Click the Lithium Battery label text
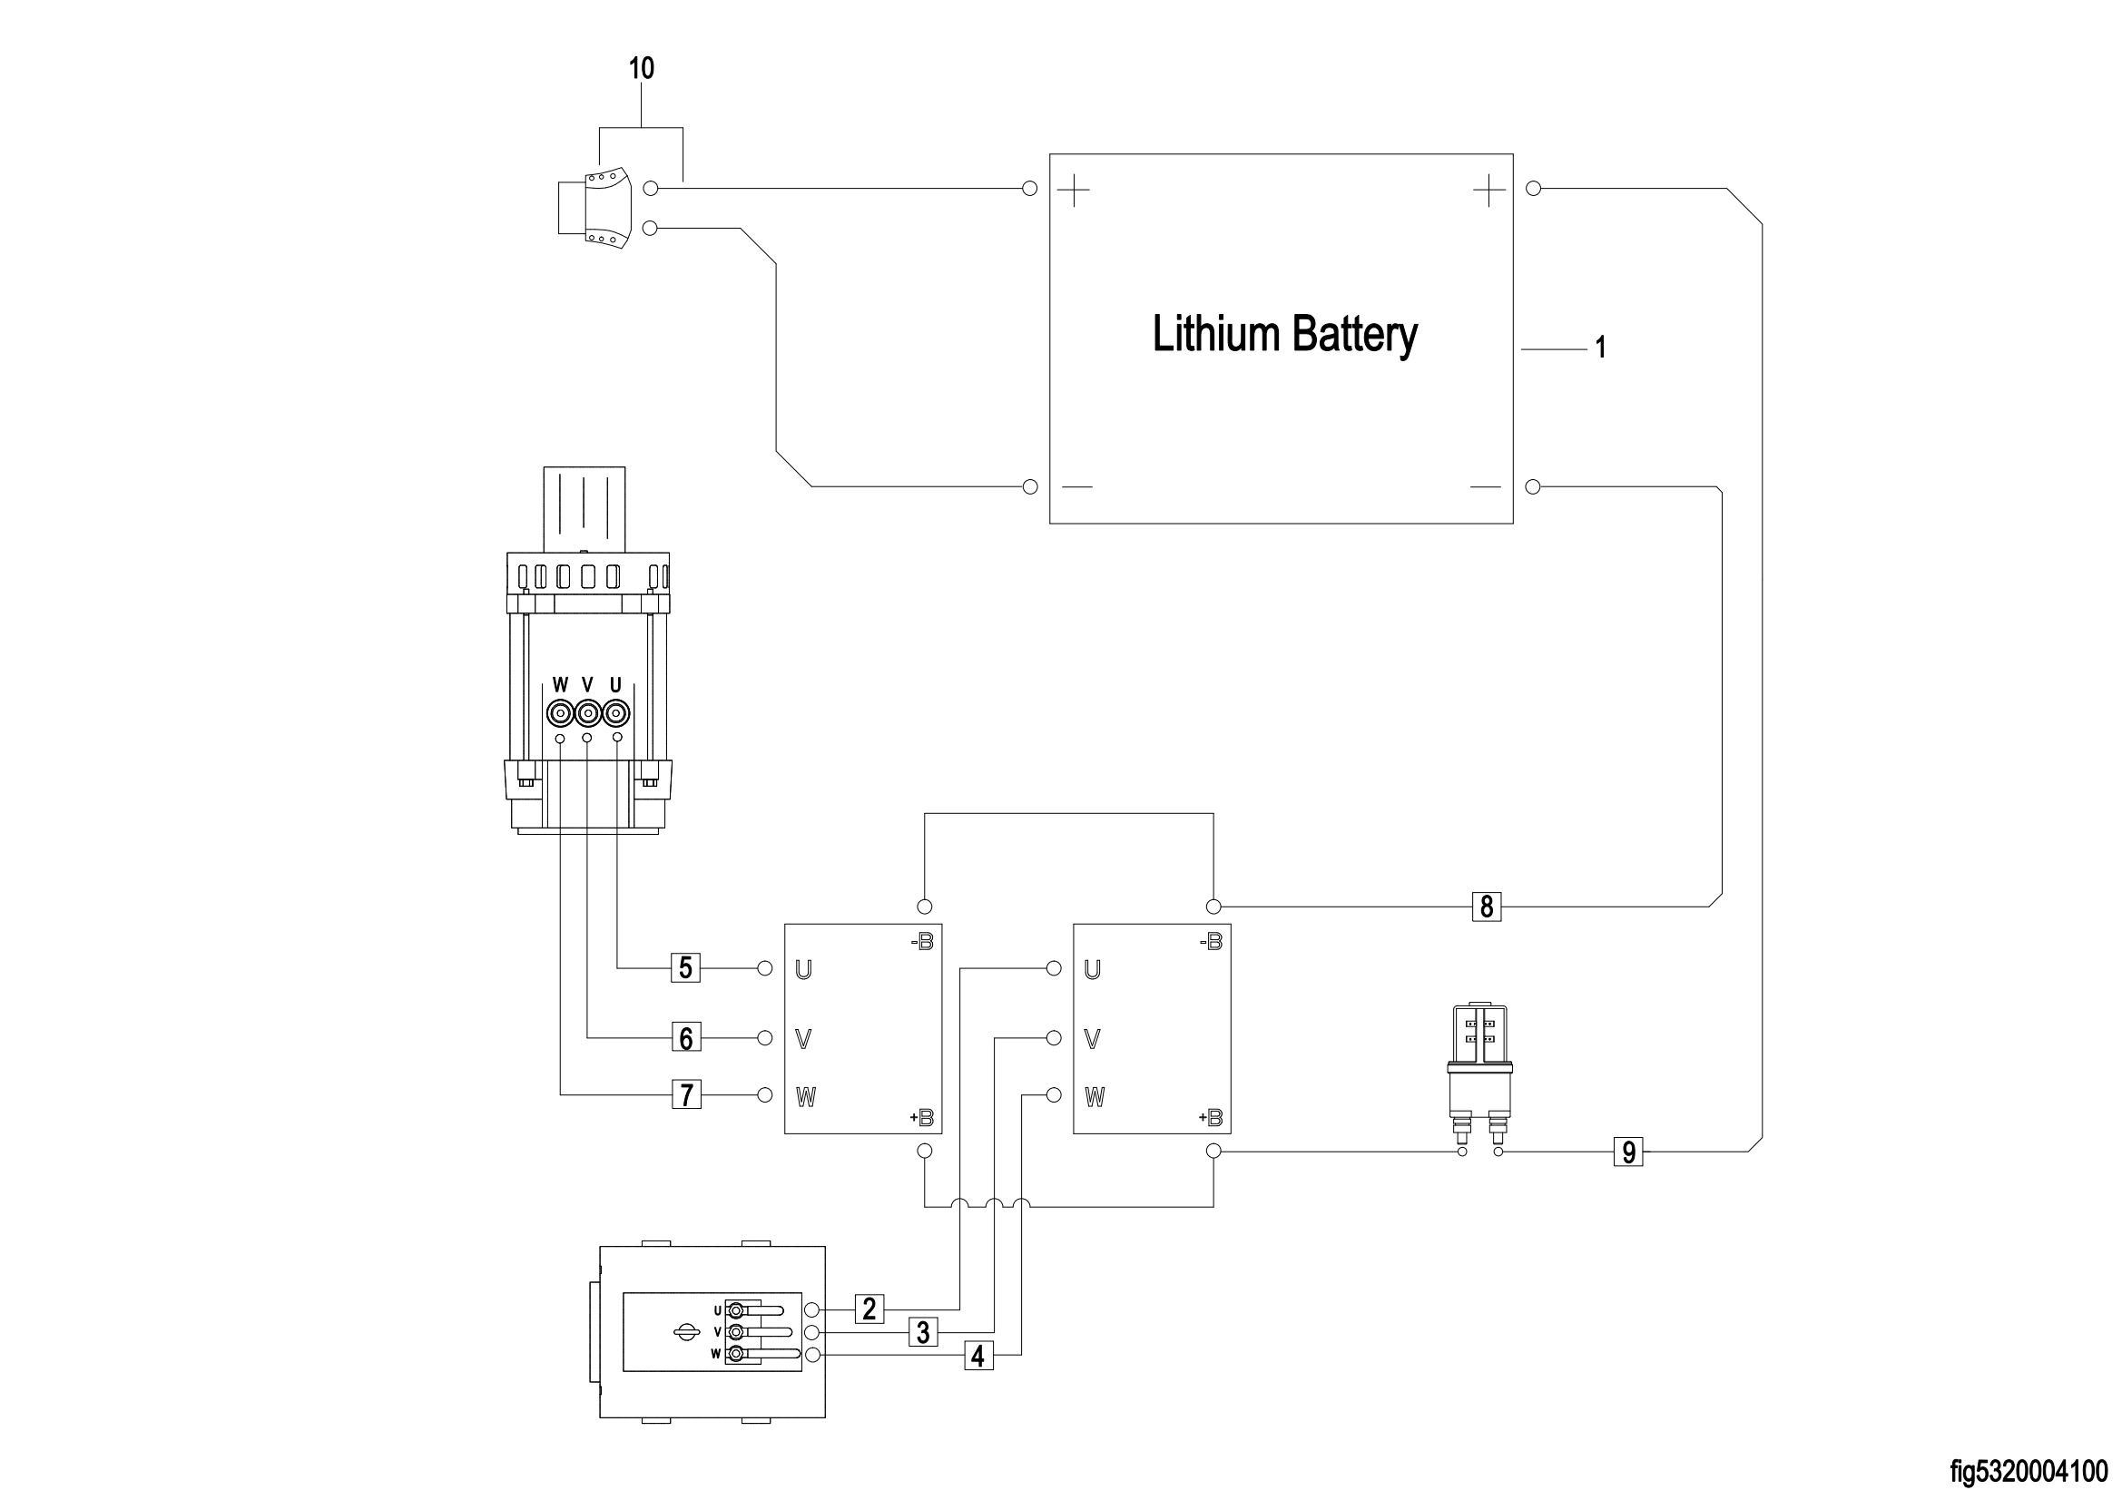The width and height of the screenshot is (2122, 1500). coord(1283,335)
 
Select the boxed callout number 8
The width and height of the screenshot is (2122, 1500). coord(1486,907)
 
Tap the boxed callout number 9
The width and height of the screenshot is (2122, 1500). coord(1628,1152)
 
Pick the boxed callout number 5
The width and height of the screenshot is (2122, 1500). coord(686,967)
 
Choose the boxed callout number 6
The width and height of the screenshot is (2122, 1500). coord(686,1038)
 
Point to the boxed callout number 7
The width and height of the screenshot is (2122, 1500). coord(686,1095)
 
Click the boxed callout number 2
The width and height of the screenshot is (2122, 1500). coord(869,1309)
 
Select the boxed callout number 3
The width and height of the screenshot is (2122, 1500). coord(922,1332)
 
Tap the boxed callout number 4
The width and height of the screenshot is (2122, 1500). coord(978,1356)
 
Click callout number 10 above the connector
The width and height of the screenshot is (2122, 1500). coord(642,68)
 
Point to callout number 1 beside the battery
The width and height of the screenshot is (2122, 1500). coord(1601,348)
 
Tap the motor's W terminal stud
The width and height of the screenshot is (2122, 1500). coord(559,713)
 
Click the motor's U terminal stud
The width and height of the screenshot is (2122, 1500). coord(616,713)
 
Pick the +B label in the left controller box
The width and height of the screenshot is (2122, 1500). coord(922,1117)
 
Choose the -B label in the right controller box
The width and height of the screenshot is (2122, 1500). coord(1211,942)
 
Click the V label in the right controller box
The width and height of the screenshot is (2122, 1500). coord(1092,1039)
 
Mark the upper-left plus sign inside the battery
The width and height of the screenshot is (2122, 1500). coord(1073,192)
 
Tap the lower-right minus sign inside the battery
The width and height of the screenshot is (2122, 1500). coord(1485,487)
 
